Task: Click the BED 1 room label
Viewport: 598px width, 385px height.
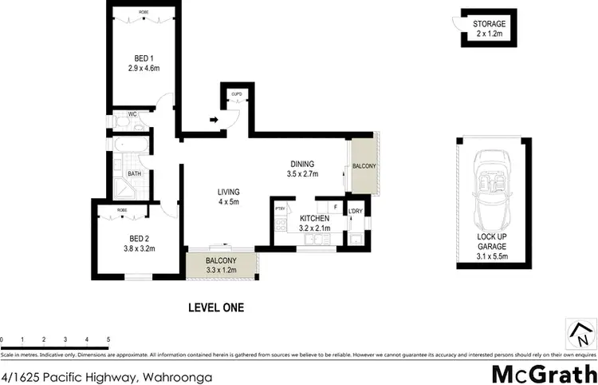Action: click(x=139, y=58)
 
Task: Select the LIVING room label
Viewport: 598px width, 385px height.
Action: click(x=228, y=191)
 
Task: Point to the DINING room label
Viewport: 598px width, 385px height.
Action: click(x=302, y=164)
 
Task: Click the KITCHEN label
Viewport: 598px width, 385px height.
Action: click(x=313, y=217)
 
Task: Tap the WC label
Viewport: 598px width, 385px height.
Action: click(x=132, y=114)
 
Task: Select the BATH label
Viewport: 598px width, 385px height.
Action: click(x=134, y=173)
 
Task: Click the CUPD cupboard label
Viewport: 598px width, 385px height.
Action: click(x=236, y=95)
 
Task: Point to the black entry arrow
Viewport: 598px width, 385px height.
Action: click(x=214, y=121)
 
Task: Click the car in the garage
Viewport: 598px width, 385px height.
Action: click(x=492, y=189)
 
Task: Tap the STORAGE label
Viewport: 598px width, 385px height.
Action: click(x=488, y=25)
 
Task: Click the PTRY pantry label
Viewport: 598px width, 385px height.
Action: click(x=280, y=210)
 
